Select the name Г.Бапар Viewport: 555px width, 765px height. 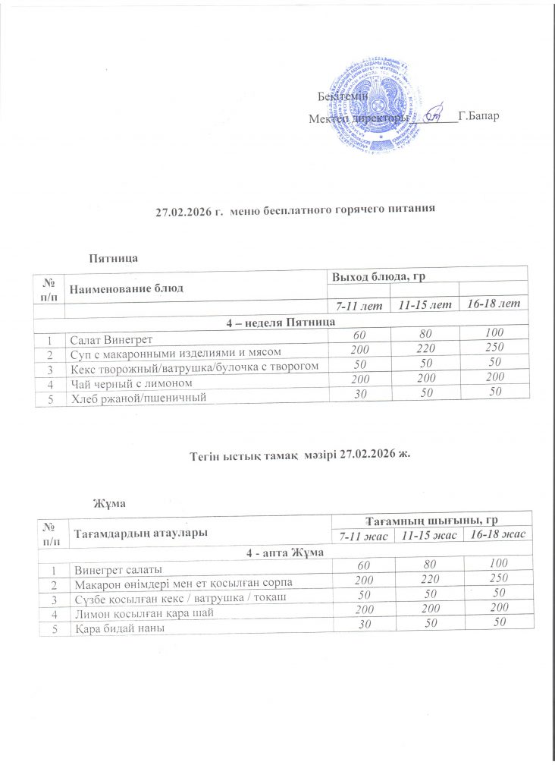point(478,119)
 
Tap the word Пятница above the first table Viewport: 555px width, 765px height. point(111,258)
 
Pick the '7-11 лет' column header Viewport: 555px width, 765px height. point(360,304)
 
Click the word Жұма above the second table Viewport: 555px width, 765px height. point(108,504)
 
